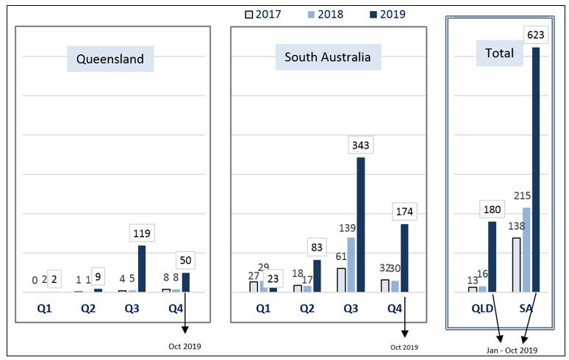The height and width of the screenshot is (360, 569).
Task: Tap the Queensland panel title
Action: click(110, 59)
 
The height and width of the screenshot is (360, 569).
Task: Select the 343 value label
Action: click(361, 144)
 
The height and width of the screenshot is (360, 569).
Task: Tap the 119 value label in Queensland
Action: click(141, 232)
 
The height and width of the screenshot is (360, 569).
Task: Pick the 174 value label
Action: click(405, 211)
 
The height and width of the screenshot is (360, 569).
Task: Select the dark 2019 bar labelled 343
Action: click(361, 225)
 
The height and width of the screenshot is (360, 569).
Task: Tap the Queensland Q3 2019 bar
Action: click(142, 268)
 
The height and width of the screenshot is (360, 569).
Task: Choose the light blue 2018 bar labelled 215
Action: click(526, 250)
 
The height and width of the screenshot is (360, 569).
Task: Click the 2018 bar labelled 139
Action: click(351, 264)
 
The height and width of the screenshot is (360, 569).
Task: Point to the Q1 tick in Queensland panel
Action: click(45, 309)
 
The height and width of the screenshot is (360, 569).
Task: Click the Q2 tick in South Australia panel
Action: click(307, 309)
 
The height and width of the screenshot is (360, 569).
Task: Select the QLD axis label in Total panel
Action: click(482, 309)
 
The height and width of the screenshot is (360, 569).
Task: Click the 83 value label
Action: click(317, 247)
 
